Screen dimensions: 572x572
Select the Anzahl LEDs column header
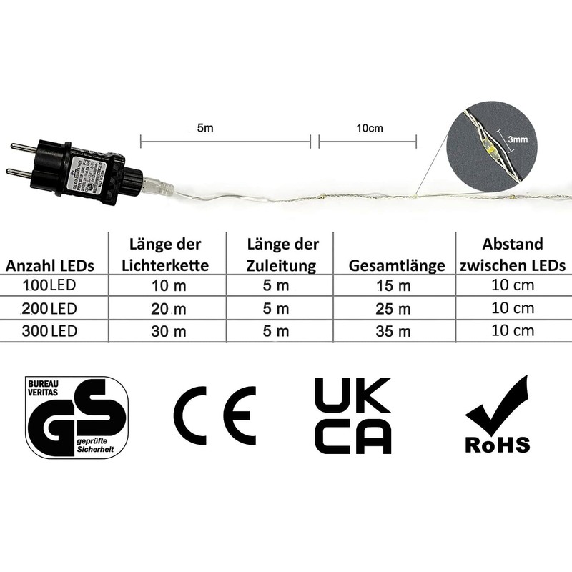(x=50, y=266)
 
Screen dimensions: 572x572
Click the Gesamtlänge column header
(x=397, y=266)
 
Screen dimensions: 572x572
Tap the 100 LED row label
(x=50, y=287)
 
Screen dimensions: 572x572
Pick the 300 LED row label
(x=50, y=331)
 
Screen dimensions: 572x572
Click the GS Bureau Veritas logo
(x=77, y=418)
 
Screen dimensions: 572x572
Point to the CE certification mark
(x=214, y=415)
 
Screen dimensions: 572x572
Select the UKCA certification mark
(x=352, y=415)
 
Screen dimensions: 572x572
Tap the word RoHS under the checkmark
(x=498, y=445)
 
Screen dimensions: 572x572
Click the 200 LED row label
(x=50, y=309)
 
